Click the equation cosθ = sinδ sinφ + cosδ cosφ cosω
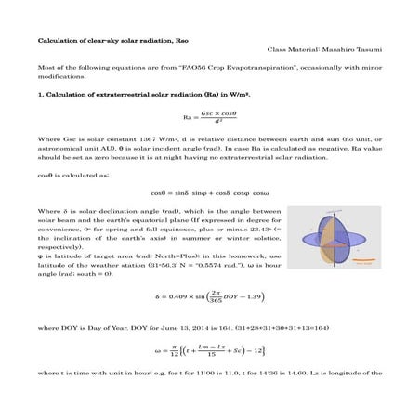tap(208, 192)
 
